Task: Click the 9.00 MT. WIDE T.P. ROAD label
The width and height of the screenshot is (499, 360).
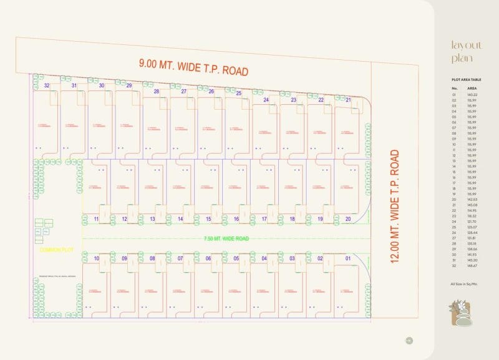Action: click(193, 66)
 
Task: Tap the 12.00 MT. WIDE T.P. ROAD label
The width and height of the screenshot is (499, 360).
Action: click(394, 206)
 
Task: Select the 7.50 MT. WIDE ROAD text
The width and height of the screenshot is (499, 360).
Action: click(226, 238)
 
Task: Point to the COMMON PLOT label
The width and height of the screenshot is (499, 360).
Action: click(57, 250)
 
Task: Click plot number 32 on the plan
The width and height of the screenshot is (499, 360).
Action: click(47, 85)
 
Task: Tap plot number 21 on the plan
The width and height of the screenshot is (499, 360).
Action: click(348, 100)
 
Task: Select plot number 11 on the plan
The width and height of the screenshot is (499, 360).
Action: click(97, 219)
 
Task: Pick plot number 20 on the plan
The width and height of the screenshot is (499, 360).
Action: click(347, 219)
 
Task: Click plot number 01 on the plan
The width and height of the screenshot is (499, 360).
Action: click(348, 258)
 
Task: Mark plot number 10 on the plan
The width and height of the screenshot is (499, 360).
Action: click(97, 258)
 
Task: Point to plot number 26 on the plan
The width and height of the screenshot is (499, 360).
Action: click(211, 92)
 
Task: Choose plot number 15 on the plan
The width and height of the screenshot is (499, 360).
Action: click(208, 219)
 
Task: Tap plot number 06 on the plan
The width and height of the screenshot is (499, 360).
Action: click(208, 258)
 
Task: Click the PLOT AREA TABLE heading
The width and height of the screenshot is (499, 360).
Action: click(466, 80)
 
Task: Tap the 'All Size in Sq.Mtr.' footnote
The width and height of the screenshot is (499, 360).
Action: click(463, 285)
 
